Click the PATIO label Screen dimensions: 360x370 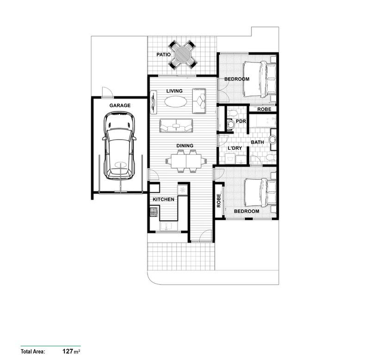point(163,55)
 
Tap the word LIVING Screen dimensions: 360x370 point(174,91)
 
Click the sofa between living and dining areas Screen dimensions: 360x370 point(176,125)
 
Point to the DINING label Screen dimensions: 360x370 point(185,146)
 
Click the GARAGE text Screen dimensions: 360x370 point(120,105)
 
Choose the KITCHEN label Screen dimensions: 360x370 point(164,200)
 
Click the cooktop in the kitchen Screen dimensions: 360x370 point(154,212)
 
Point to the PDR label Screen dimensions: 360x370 point(241,121)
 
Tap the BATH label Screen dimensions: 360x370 point(257,142)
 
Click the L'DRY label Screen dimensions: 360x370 point(235,148)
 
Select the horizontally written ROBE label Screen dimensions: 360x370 point(264,110)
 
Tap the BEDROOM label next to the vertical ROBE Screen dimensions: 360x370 point(246,211)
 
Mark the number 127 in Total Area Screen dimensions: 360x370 point(68,351)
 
